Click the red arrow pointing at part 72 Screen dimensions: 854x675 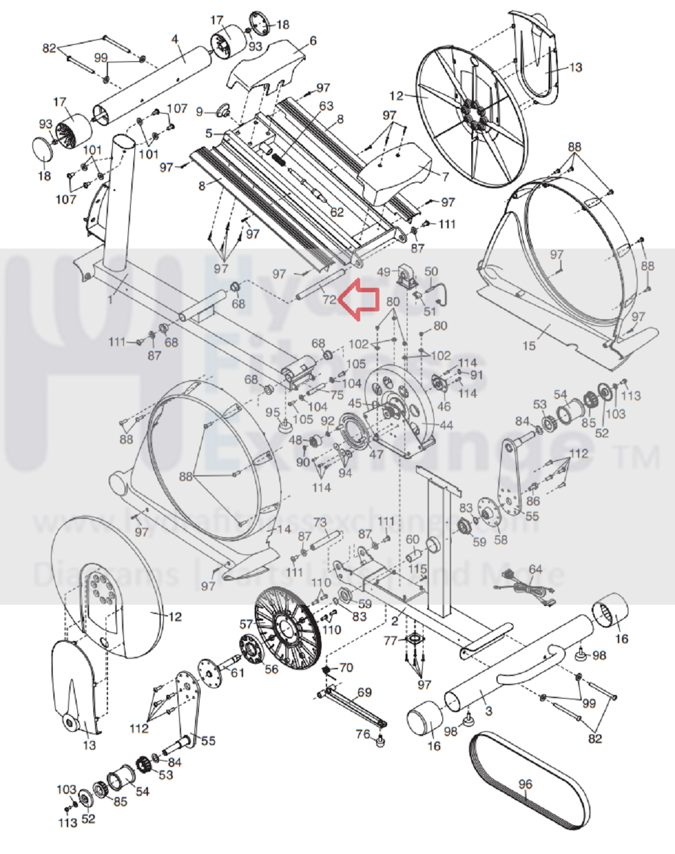(360, 299)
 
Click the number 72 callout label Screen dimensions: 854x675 (329, 300)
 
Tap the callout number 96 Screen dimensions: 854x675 (525, 784)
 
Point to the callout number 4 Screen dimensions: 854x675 (175, 39)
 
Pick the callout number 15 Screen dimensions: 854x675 (528, 346)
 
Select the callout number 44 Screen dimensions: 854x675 (447, 425)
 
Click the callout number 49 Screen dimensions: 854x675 (383, 272)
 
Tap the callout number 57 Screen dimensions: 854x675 (246, 624)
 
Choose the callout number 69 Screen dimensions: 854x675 (364, 692)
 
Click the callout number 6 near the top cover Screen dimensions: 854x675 (313, 41)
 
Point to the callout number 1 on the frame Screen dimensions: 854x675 (111, 300)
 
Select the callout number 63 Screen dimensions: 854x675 (326, 106)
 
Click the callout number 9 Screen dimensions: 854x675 (200, 112)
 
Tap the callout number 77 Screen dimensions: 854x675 (391, 641)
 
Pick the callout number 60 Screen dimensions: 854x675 (413, 540)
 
